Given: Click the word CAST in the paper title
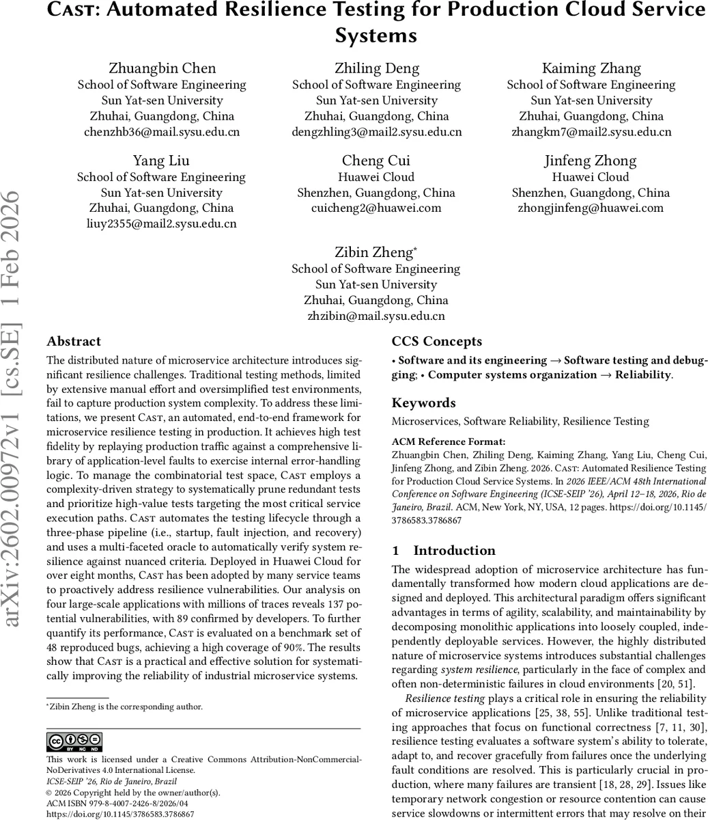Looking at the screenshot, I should click(76, 10).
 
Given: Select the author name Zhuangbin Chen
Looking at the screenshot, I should click(162, 68).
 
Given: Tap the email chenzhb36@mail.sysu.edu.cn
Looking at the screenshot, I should click(162, 132).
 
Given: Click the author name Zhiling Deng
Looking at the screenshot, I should click(376, 68).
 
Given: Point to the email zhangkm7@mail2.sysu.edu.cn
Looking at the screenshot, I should click(591, 132).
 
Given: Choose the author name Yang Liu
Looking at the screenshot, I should click(162, 161).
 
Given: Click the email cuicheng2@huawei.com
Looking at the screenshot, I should click(376, 208).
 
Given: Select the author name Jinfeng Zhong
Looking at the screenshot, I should click(591, 161).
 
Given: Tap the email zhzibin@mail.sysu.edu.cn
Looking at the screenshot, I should click(376, 316).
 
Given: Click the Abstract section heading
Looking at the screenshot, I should click(74, 342).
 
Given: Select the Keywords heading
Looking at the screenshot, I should click(423, 403).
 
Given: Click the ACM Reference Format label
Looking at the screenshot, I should click(449, 441).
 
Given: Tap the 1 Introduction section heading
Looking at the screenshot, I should click(444, 551).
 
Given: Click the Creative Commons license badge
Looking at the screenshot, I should click(74, 741).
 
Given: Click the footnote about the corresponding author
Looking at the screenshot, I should click(124, 707).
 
